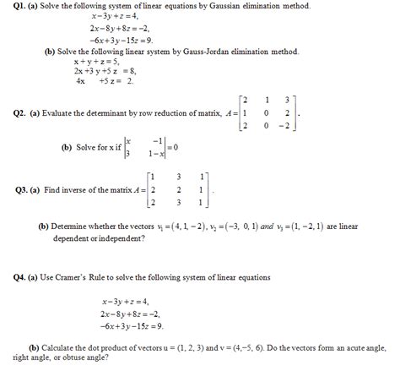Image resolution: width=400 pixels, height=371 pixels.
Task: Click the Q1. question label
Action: pyautogui.click(x=13, y=7)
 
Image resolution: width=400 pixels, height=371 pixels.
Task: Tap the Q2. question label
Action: pyautogui.click(x=14, y=112)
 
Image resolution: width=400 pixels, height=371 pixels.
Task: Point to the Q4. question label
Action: pyautogui.click(x=14, y=277)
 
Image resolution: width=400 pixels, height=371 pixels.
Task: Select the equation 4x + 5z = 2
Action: pyautogui.click(x=100, y=82)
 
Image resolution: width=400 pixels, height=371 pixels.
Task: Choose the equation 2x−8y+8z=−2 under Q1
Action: pyautogui.click(x=124, y=28)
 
